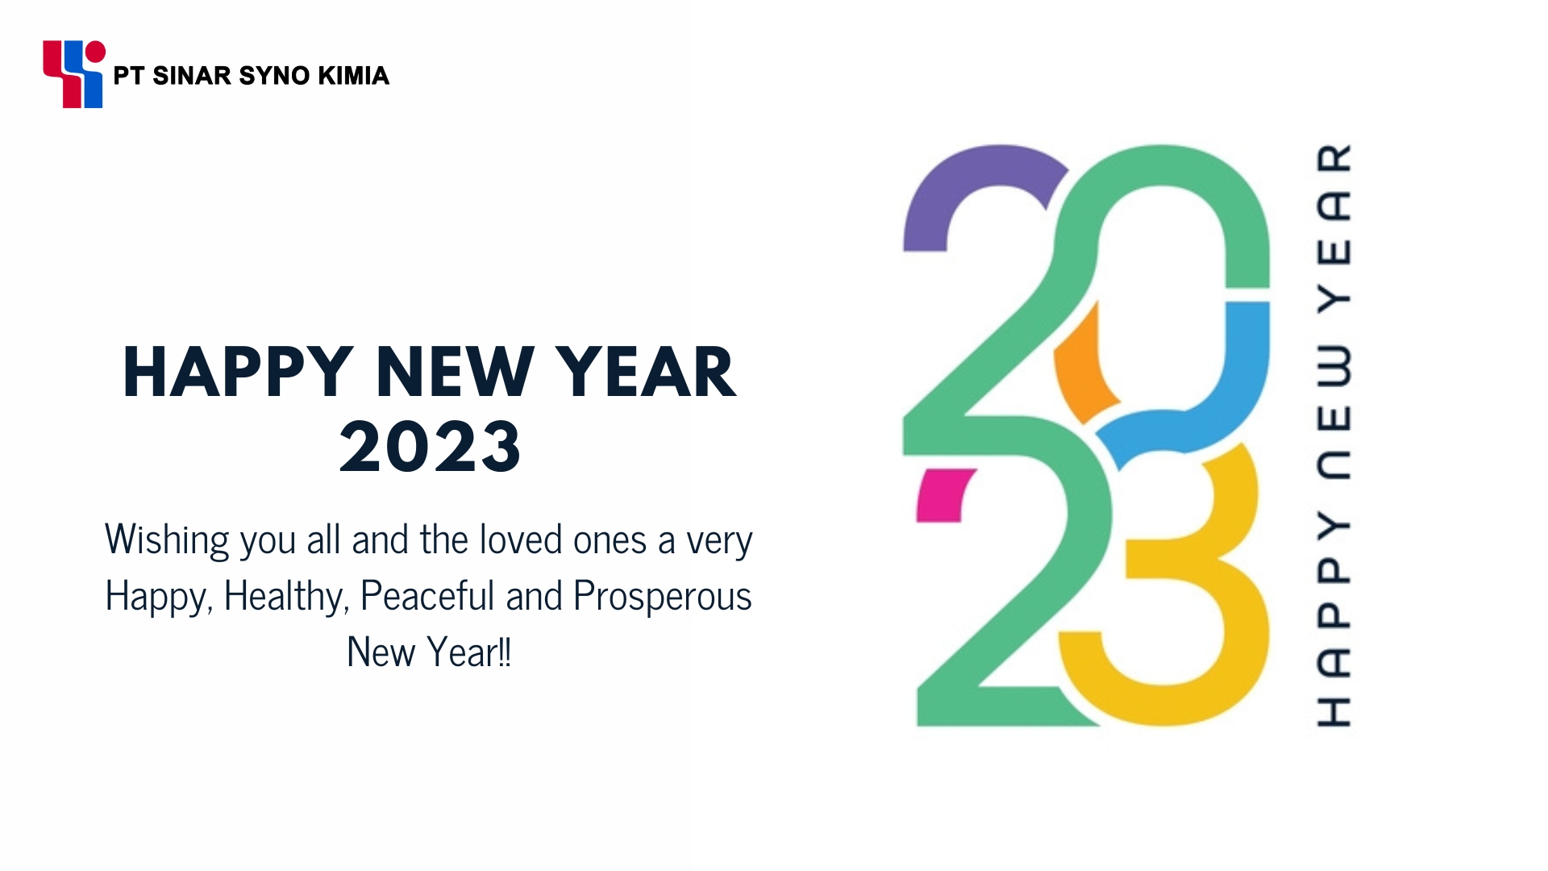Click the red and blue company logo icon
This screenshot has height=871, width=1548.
(x=73, y=73)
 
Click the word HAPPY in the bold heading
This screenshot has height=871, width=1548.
(x=238, y=372)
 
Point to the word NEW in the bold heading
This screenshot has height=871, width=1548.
(x=454, y=372)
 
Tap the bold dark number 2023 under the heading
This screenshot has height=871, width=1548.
(x=430, y=446)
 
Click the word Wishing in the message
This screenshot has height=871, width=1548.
(x=167, y=540)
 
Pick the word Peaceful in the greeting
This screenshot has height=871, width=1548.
(x=427, y=596)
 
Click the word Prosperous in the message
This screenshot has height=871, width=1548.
(x=662, y=597)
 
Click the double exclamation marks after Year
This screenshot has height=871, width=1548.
(x=505, y=652)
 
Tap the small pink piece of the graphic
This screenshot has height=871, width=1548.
(x=943, y=494)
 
